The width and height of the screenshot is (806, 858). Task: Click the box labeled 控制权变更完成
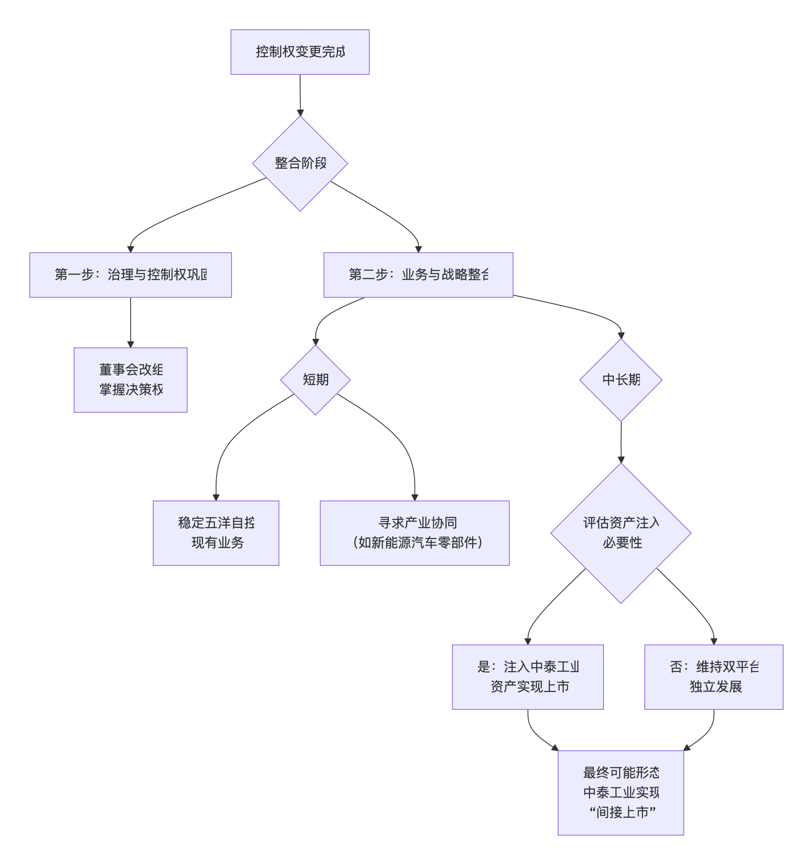(300, 52)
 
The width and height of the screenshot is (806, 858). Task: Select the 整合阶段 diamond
(300, 163)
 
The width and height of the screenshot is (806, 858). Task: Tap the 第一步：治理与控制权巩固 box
(130, 275)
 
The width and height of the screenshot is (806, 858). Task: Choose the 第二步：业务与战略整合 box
(418, 275)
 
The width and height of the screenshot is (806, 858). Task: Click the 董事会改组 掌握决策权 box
(130, 379)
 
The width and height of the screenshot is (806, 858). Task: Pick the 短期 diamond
(315, 380)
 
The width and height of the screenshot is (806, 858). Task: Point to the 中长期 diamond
(620, 380)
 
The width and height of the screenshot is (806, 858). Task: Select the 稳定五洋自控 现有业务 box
(216, 532)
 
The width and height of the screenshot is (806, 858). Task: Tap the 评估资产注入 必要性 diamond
(620, 532)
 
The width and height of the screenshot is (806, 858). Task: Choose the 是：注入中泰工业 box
(527, 677)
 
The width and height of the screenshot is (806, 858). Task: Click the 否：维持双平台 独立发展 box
(713, 677)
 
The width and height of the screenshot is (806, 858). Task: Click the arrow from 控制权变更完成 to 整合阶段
(300, 95)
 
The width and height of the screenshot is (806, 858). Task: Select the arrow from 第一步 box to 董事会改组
(130, 322)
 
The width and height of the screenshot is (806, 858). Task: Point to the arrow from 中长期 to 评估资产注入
(621, 442)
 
